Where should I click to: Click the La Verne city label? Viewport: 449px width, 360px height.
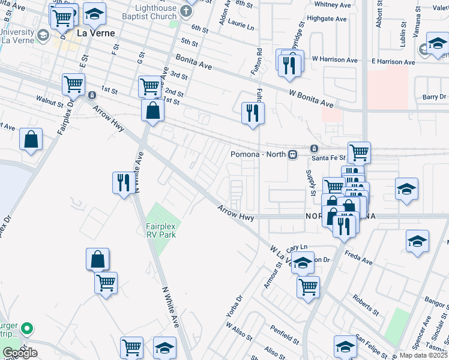tap(95, 34)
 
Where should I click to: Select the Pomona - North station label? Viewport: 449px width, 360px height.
tap(259, 154)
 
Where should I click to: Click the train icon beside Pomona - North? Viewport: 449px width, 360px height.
tap(293, 154)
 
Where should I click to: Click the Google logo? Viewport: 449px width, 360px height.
tap(20, 353)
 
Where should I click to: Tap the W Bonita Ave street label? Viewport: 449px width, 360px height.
tap(311, 96)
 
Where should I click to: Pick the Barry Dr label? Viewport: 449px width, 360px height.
tap(434, 97)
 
